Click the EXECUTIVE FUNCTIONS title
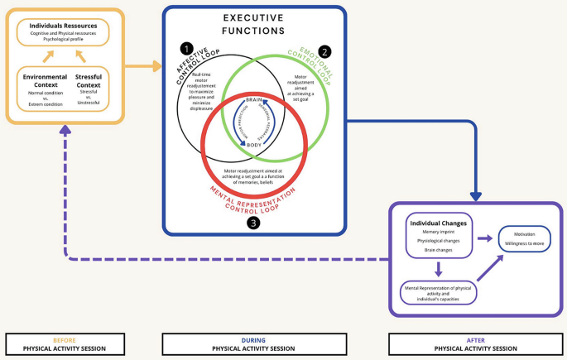254,24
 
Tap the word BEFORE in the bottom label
65,339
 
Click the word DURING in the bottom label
253,339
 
